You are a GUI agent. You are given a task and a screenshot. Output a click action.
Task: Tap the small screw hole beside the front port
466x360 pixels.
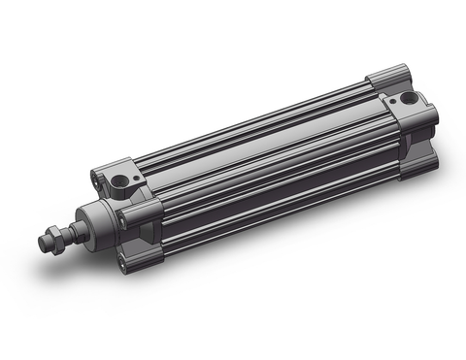[98, 178]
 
